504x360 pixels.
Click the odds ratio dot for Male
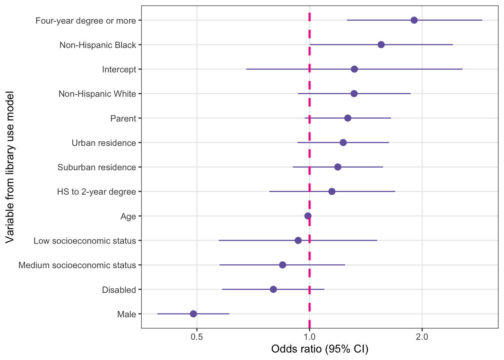pos(193,314)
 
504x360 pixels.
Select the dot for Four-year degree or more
pos(414,20)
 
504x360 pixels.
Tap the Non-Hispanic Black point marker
pos(381,45)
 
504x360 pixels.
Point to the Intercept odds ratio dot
pos(354,69)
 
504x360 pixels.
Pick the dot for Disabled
pos(273,289)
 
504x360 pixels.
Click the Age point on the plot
pos(308,216)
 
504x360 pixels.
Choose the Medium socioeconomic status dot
pos(283,265)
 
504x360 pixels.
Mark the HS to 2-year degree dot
pos(332,192)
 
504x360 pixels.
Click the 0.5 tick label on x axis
pos(197,337)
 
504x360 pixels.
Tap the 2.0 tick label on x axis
pos(422,337)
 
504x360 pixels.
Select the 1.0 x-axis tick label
pos(309,337)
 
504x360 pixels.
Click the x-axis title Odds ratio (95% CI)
pos(319,349)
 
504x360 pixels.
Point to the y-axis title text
pos(10,167)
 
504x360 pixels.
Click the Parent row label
pos(123,118)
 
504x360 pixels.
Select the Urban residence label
pos(104,143)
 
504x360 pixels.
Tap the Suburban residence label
pos(97,167)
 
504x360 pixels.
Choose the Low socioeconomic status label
pos(85,241)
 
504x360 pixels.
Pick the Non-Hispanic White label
pos(97,94)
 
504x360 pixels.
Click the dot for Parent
pos(348,118)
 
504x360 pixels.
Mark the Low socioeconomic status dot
pos(298,240)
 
